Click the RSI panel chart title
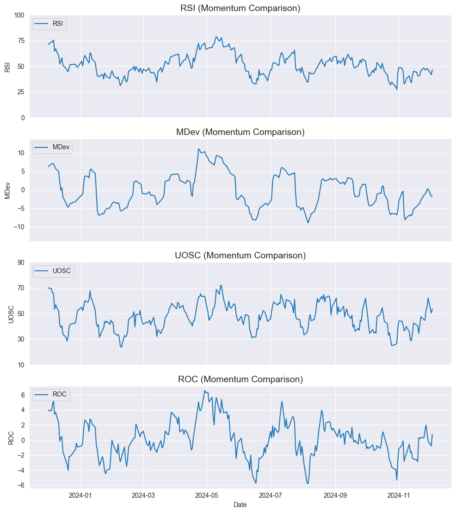tap(240, 8)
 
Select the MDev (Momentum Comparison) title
tap(240, 132)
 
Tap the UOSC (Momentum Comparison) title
tap(240, 256)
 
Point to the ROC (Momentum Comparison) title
tap(240, 379)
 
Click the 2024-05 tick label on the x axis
tap(207, 496)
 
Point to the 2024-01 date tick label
tap(80, 496)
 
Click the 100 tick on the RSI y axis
tap(19, 15)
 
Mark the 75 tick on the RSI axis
tap(21, 41)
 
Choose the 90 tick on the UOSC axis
tap(21, 263)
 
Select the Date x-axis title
tap(240, 505)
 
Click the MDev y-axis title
tap(7, 190)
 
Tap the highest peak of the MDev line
tap(199, 149)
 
